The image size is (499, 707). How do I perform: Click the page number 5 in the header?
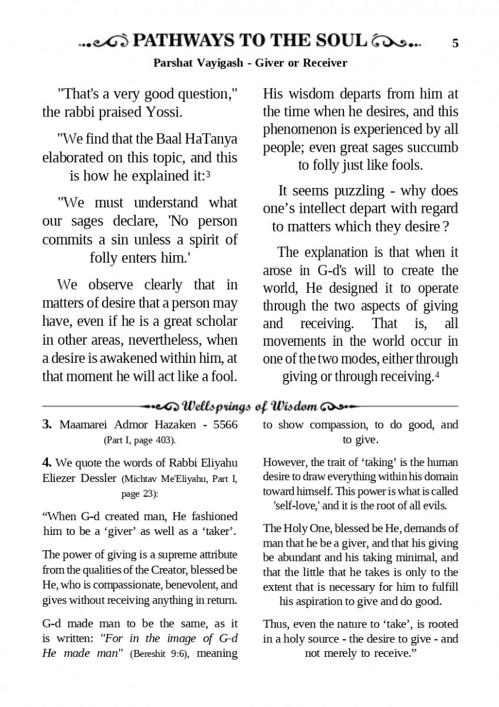(455, 43)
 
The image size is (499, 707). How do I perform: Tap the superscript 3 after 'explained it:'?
(209, 174)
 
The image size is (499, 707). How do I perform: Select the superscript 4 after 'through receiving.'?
(437, 375)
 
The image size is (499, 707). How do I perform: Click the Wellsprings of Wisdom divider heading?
(250, 407)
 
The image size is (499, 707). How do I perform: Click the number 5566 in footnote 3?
(224, 425)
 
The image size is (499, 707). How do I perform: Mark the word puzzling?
(360, 191)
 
